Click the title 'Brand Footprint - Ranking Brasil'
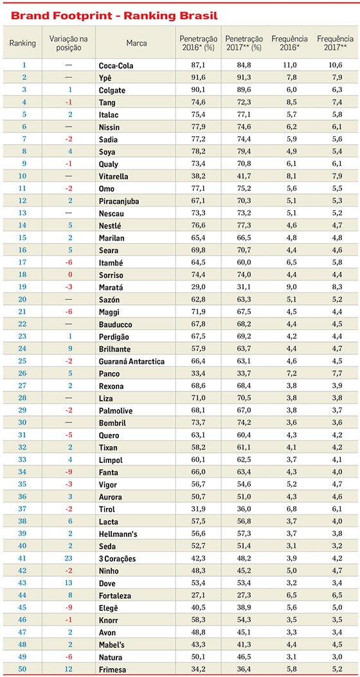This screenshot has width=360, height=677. [114, 17]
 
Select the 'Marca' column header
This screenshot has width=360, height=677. [136, 43]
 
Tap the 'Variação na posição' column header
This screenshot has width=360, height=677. [68, 43]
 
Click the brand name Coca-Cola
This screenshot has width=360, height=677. [116, 66]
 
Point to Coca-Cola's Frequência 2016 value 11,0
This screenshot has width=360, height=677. [289, 66]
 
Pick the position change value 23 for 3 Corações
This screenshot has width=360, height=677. [69, 558]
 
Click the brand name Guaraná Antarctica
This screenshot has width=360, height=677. [132, 361]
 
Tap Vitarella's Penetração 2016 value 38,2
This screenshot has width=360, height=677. [198, 177]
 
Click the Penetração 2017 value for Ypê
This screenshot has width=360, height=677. [244, 78]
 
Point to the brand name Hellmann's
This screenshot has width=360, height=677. [118, 534]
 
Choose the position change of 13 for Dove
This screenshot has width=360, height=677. [69, 583]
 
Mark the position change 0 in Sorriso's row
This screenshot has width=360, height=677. [69, 275]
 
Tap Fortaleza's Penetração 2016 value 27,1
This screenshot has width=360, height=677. [198, 595]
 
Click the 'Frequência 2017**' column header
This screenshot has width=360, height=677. [335, 43]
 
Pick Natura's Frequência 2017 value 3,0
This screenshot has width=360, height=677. [335, 656]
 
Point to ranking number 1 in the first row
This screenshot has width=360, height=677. [24, 66]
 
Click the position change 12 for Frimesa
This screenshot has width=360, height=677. [69, 669]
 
